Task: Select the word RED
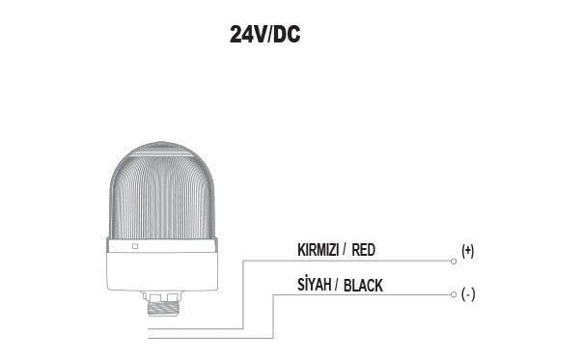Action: click(364, 250)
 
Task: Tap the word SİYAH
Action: click(316, 285)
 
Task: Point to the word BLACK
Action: click(364, 285)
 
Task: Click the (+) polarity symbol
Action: click(468, 251)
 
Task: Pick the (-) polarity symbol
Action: click(468, 294)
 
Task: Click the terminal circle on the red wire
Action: click(453, 261)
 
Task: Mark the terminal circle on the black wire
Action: click(453, 294)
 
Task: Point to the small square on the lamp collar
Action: click(135, 247)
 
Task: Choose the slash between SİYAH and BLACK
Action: click(337, 285)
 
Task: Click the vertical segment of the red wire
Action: click(242, 294)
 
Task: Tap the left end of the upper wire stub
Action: click(150, 328)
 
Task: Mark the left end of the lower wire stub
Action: click(150, 338)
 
